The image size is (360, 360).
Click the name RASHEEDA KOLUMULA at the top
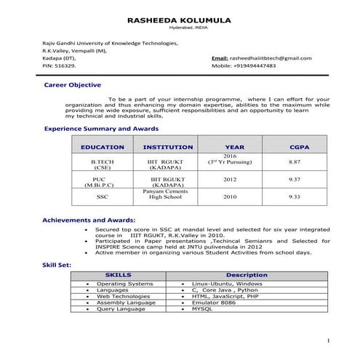coord(178,22)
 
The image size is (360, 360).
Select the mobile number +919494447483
coord(254,65)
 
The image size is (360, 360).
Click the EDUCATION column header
coord(102,147)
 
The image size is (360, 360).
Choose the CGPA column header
coord(294,147)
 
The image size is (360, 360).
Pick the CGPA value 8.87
coord(295,161)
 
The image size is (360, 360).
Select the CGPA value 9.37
coord(295,179)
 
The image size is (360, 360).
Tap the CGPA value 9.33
coord(295,196)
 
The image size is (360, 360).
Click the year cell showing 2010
coord(230,196)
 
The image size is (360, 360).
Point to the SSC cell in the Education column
coord(102,196)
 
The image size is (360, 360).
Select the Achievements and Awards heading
coord(88,219)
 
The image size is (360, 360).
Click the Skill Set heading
coord(56,266)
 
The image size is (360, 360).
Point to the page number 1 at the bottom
coord(328,340)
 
